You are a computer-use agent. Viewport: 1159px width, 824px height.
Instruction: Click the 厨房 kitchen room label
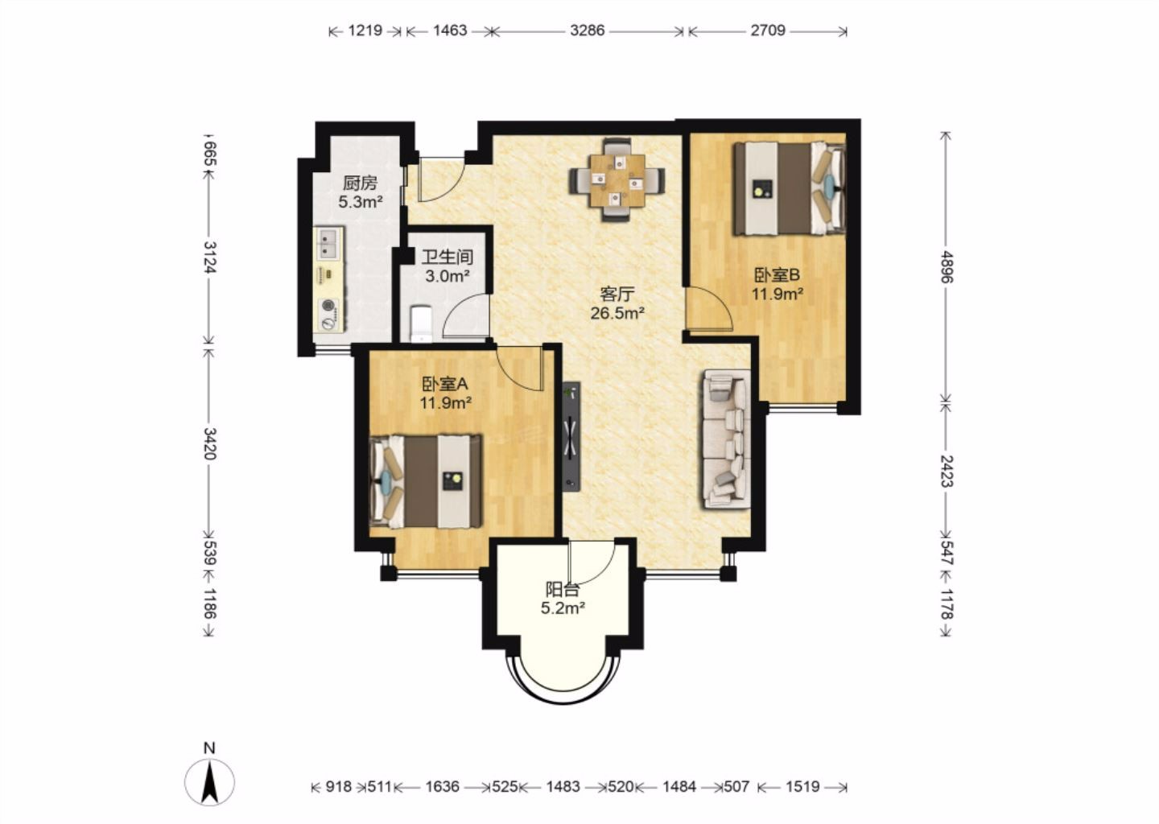pyautogui.click(x=360, y=183)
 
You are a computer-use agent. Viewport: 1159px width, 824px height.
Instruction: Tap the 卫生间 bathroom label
pyautogui.click(x=447, y=257)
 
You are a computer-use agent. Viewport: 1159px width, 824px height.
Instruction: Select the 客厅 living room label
pyautogui.click(x=617, y=294)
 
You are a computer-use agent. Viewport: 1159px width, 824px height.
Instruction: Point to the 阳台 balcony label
pyautogui.click(x=563, y=589)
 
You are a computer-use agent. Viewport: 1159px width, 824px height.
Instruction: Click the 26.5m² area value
pyautogui.click(x=617, y=313)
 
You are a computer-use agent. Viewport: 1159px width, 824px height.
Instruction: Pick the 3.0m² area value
pyautogui.click(x=447, y=276)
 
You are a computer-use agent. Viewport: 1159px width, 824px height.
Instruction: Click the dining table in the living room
pyautogui.click(x=617, y=180)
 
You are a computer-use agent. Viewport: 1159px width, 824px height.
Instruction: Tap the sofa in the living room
pyautogui.click(x=727, y=439)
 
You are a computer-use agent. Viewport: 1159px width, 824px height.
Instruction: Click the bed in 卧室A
pyautogui.click(x=425, y=482)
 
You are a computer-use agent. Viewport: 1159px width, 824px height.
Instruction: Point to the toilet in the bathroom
pyautogui.click(x=421, y=323)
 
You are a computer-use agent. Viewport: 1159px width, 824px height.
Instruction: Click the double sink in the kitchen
pyautogui.click(x=328, y=243)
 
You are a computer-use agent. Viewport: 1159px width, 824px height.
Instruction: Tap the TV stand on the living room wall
pyautogui.click(x=571, y=436)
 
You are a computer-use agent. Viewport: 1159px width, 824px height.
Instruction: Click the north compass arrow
pyautogui.click(x=209, y=782)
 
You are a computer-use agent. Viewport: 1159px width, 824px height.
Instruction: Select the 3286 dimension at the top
pyautogui.click(x=588, y=31)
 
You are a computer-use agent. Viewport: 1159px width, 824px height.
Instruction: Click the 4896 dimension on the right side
pyautogui.click(x=947, y=267)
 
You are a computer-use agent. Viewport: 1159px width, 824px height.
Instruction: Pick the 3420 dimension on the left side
pyautogui.click(x=209, y=444)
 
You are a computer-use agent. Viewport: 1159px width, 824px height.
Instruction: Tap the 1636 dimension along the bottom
pyautogui.click(x=443, y=787)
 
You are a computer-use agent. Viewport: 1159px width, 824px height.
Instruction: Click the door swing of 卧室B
pyautogui.click(x=710, y=309)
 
